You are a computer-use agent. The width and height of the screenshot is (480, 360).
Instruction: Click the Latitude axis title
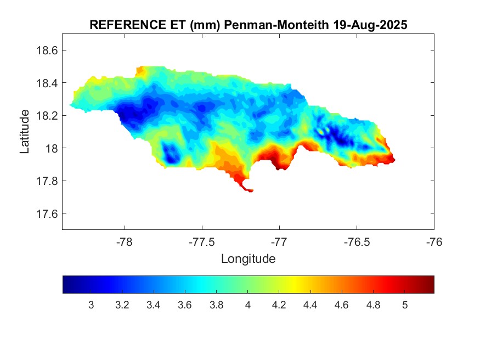[x=25, y=131]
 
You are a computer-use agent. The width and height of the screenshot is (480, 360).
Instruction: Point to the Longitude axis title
[x=248, y=258]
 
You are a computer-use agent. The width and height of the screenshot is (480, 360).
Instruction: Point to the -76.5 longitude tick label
[x=357, y=242]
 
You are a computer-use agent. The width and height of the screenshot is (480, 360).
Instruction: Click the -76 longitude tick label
[x=434, y=242]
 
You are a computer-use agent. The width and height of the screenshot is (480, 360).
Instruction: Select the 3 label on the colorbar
[x=91, y=305]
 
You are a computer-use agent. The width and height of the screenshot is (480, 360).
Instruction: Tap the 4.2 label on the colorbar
[x=279, y=305]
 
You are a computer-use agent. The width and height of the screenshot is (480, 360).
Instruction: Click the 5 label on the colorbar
[x=405, y=305]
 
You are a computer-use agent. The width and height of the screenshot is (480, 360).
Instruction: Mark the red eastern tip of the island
[x=391, y=160]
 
